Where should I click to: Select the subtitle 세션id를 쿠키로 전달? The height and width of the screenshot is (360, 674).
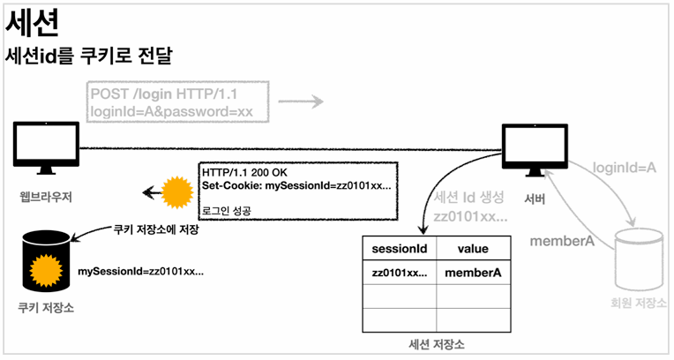[x=87, y=56]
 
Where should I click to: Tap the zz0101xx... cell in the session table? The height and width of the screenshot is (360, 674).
[x=399, y=273]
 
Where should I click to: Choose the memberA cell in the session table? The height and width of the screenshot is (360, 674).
[x=473, y=273]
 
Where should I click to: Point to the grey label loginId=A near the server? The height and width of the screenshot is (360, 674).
[x=624, y=166]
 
